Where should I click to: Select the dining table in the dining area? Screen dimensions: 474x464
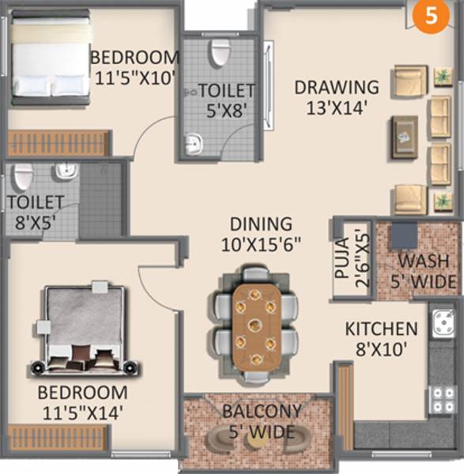pos(255,324)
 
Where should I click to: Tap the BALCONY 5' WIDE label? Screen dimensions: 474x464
pos(262,421)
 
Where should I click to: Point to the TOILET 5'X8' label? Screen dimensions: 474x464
pos(226,100)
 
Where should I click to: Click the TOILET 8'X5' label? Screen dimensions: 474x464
pos(36,212)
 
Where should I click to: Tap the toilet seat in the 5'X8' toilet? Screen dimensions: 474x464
pos(219,54)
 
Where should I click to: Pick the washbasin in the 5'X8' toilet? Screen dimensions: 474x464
pos(193,144)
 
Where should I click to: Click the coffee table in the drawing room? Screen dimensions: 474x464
pos(406,137)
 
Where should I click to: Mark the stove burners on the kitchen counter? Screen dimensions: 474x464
pos(441,399)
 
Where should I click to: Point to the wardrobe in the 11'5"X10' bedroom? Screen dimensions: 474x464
pos(57,143)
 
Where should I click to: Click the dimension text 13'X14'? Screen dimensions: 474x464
pos(338,108)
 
